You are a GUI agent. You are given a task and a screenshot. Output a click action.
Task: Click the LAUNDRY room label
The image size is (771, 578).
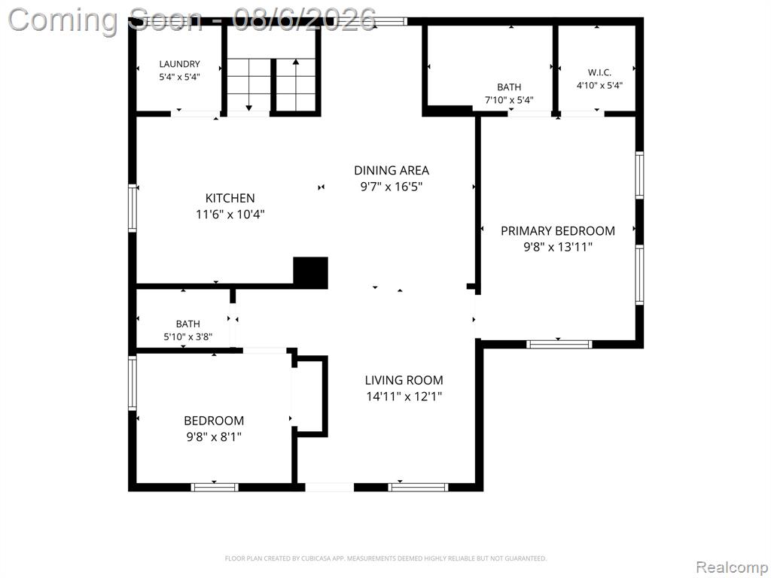coord(179,64)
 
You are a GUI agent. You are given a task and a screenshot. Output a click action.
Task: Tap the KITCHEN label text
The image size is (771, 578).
coord(230,198)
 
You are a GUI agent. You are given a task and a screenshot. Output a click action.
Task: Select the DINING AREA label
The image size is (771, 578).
coord(392,171)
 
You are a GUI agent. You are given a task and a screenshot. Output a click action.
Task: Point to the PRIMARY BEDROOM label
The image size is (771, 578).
coord(558,231)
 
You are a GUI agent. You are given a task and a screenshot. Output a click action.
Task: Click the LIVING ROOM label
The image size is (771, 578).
coord(404,380)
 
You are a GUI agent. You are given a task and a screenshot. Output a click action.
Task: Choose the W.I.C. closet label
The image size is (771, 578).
coord(599,73)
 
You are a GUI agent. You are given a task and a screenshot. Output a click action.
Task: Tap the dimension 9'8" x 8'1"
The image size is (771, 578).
coord(214,437)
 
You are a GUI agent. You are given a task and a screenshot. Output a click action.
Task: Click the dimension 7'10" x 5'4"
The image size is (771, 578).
coord(510,100)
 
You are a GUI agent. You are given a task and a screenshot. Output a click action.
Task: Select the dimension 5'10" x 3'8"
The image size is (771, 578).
coord(187,337)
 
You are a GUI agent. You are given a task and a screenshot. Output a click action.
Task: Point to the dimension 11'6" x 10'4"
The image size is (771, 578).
coord(230,214)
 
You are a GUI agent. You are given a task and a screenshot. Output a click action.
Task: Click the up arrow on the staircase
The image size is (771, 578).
coord(296,84)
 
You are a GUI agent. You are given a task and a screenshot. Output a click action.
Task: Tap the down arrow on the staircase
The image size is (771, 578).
coord(248,84)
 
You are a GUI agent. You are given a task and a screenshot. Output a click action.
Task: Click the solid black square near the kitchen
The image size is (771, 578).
coord(311,272)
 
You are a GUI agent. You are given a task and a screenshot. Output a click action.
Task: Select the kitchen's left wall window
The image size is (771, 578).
coord(133,208)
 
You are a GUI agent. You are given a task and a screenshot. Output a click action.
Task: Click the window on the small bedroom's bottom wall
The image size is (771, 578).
coord(215,488)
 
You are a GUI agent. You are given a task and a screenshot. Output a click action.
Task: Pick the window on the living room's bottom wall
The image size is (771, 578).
coord(418,488)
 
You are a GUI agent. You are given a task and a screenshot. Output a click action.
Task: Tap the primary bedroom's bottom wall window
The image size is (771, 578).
coord(559,344)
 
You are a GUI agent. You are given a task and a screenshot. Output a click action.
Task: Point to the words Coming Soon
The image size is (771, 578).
coord(105,20)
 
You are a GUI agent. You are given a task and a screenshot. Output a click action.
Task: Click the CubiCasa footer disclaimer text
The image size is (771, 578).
coord(385,558)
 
